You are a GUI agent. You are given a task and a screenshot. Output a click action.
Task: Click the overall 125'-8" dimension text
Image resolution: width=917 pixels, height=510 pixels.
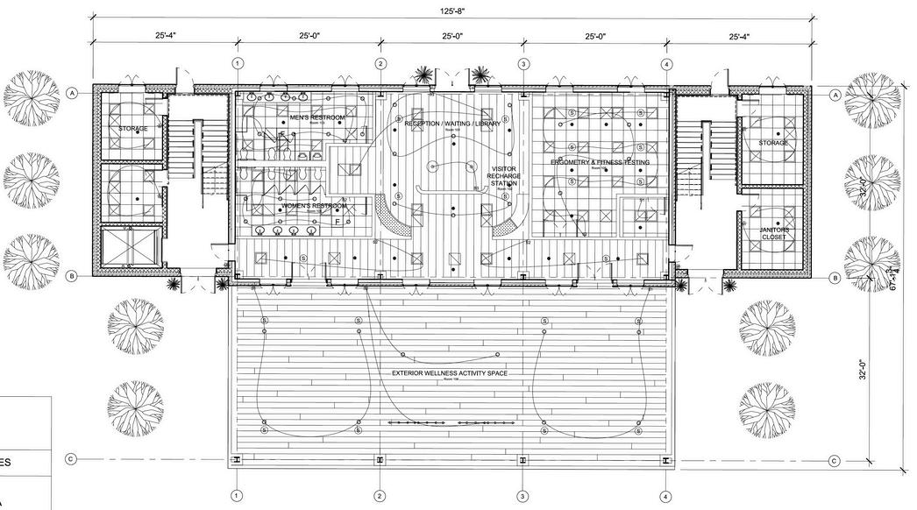(452, 11)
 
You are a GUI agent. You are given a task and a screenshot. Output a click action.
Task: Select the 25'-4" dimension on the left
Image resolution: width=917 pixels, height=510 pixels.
(165, 37)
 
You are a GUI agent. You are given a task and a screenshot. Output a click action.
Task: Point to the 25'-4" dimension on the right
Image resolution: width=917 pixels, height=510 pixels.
(739, 37)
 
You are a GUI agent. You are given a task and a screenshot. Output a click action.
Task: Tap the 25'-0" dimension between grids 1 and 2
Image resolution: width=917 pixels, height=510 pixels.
(309, 37)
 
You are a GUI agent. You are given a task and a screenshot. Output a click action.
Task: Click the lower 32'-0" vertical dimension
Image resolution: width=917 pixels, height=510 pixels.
(864, 370)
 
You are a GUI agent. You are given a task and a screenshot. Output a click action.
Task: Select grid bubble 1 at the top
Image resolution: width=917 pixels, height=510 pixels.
(237, 64)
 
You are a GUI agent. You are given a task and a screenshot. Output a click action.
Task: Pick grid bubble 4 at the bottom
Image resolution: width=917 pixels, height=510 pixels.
(667, 496)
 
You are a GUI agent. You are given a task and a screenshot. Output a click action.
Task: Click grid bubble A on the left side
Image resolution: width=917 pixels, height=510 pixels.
(73, 92)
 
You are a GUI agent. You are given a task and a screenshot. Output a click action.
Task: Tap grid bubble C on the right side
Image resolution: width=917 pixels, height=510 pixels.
(835, 460)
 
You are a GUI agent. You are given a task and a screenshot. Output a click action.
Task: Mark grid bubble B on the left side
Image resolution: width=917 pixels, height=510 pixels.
(73, 276)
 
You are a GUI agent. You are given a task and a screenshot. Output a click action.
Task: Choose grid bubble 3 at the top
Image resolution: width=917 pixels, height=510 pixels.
(523, 64)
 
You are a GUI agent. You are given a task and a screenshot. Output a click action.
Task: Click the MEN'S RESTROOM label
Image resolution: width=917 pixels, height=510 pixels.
(316, 117)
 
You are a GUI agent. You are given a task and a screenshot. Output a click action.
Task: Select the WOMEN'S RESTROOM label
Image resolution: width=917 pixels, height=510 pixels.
(312, 206)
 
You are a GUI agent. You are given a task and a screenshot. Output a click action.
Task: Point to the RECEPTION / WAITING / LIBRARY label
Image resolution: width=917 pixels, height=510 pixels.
(452, 124)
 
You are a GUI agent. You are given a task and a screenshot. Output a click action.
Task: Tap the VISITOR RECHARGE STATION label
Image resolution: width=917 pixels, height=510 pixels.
(503, 176)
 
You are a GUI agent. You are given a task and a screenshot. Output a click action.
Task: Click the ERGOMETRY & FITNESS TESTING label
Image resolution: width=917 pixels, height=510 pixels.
(600, 163)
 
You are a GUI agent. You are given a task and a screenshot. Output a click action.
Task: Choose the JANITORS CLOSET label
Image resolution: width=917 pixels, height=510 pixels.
(774, 233)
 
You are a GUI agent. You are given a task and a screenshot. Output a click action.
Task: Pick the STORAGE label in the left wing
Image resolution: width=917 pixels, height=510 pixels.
(133, 129)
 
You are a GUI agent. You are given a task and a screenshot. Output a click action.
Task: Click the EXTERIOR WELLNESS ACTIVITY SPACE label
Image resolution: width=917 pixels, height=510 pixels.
(450, 373)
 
